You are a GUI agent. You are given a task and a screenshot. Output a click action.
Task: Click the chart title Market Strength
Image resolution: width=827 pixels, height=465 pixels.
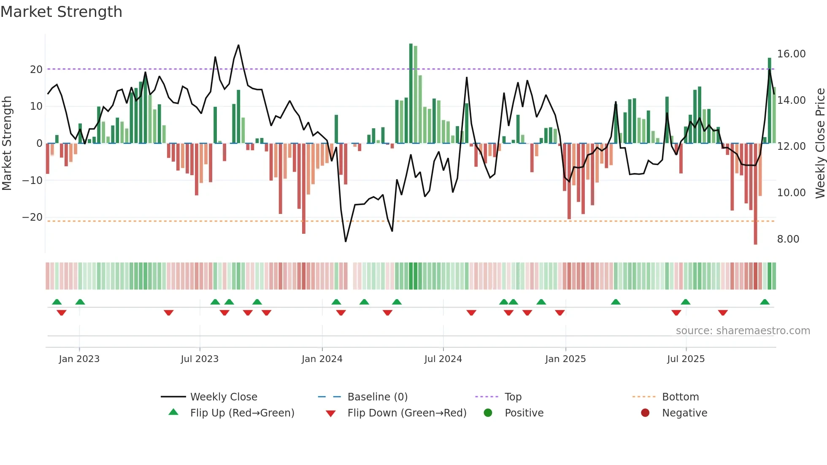(61, 12)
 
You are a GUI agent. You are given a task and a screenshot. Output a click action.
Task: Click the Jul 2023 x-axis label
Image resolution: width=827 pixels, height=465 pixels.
(200, 359)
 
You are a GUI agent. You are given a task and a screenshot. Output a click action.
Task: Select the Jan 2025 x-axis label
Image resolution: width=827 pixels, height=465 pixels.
(565, 359)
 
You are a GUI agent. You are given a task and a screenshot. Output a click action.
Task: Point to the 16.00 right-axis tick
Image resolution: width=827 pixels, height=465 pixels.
(791, 54)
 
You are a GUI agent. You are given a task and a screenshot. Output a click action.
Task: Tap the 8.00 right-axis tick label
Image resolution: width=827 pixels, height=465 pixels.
(788, 239)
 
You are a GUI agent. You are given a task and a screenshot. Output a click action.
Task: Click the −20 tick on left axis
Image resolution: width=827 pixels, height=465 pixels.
(32, 217)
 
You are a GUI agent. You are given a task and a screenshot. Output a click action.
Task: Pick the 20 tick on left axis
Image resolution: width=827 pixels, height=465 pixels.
(36, 70)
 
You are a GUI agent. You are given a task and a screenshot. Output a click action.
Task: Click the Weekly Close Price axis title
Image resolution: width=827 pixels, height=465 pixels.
(820, 143)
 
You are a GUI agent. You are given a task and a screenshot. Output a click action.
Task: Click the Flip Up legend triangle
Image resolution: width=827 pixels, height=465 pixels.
(173, 412)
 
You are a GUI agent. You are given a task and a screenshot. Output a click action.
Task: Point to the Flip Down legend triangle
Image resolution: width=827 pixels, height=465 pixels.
(331, 414)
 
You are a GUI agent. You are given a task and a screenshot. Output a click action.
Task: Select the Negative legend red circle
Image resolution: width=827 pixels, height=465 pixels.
(645, 413)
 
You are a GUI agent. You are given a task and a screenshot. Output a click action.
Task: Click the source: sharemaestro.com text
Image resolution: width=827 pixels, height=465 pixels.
(743, 331)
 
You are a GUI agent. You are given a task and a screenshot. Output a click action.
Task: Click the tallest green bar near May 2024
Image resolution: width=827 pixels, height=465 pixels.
(411, 93)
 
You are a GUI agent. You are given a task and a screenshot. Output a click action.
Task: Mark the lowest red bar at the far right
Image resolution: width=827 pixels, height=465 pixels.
(755, 194)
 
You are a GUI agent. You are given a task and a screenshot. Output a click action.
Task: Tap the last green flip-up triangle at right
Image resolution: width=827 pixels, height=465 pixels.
(765, 302)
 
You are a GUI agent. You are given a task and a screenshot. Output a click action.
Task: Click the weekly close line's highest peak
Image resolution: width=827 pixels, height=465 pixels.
(238, 45)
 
